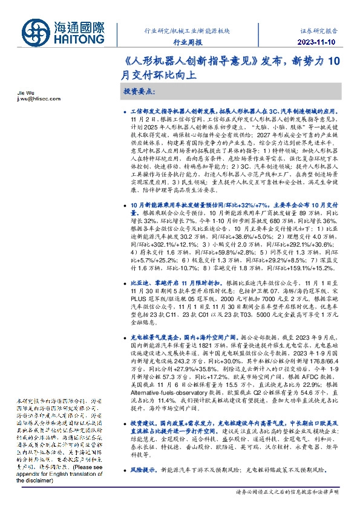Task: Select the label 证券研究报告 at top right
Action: coord(321,29)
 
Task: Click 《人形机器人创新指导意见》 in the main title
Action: coord(171,62)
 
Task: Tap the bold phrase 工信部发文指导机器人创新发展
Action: coord(171,112)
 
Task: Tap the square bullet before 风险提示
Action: coord(125,469)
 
